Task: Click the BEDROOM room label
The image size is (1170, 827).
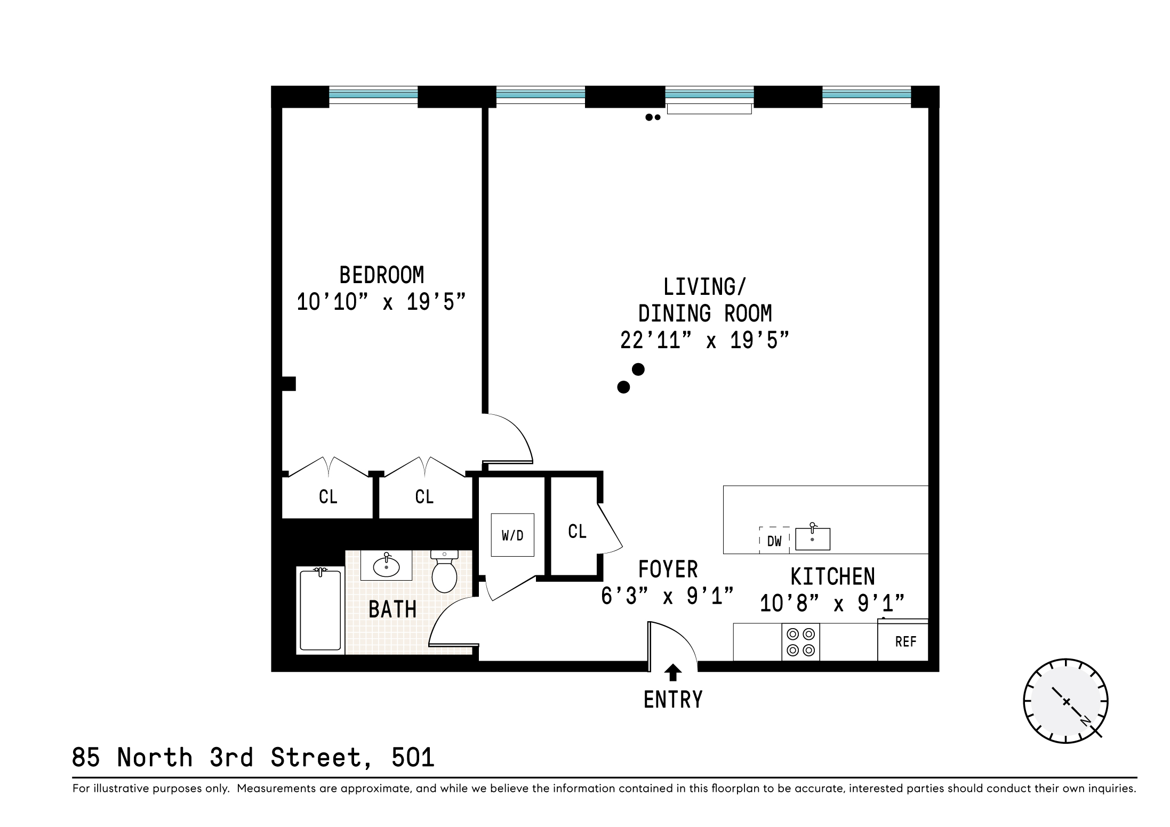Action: coord(381,276)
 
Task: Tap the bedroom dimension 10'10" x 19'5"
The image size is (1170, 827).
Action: coord(381,302)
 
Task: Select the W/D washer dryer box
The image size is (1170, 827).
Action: coord(512,535)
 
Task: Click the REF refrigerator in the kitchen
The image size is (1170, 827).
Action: coord(905,641)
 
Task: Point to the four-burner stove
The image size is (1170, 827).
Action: coord(800,642)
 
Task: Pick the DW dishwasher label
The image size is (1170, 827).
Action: coord(774,541)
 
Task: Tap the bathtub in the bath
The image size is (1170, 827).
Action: coord(320,609)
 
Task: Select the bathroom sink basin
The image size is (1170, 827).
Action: coord(386,567)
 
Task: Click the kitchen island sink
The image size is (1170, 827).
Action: coord(812,539)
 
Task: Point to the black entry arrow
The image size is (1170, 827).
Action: coord(673,672)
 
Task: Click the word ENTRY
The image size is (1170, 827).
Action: coord(673,700)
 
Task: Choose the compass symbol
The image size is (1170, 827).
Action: coord(1065,702)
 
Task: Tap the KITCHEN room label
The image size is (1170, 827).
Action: coord(832,577)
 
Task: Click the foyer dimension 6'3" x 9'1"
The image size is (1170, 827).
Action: coord(668,596)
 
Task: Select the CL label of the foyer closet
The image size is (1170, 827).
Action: coord(577,531)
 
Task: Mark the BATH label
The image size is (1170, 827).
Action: coord(392,609)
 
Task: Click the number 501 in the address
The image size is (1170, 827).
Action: coord(413,758)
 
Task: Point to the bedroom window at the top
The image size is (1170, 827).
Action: coord(373,95)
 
